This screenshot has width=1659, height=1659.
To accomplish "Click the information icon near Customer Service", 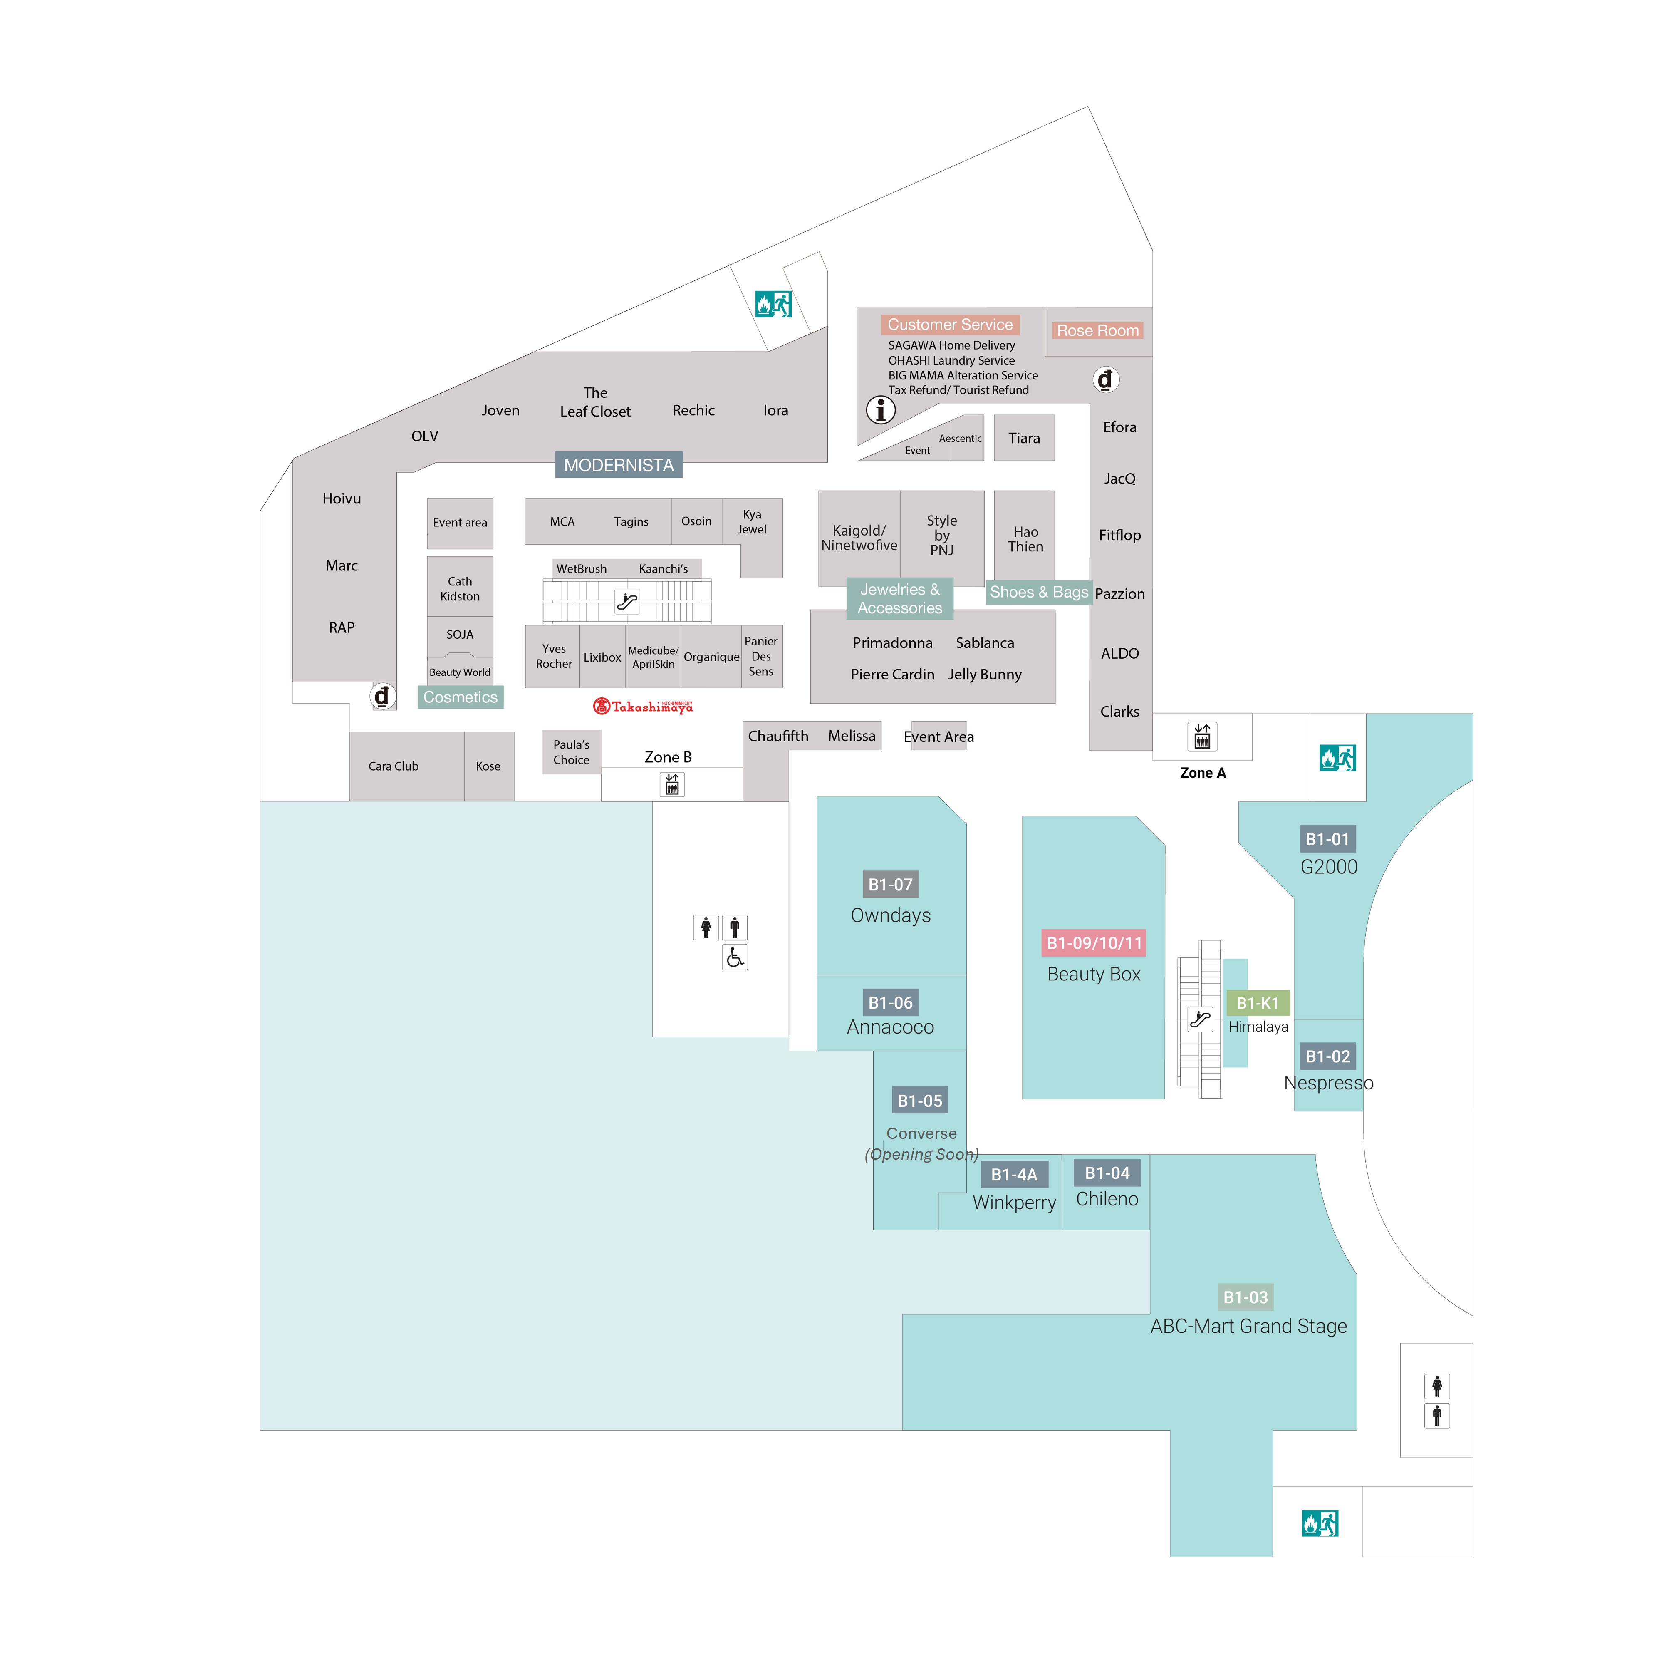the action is (880, 409).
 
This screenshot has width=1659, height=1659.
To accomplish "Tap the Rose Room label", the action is (1097, 331).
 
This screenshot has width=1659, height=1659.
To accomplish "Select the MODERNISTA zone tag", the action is (618, 464).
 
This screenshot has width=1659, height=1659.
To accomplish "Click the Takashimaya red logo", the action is (642, 706).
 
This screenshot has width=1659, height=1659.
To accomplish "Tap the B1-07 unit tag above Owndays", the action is (891, 885).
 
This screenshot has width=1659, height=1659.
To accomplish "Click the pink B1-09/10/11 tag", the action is (1094, 943).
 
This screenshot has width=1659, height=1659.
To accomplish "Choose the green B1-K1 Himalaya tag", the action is (1258, 1003).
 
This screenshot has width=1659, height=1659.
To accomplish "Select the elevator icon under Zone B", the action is (672, 784).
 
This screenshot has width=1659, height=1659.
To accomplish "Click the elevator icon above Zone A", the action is (1202, 736).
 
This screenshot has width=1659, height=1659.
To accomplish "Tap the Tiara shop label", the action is (1024, 438).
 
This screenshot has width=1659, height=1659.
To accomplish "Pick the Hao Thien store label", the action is (1025, 539).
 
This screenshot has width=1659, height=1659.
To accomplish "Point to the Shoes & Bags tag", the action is (1039, 592).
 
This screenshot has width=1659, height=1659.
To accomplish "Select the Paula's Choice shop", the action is (571, 752).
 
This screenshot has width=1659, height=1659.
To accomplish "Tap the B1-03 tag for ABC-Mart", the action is (1245, 1297).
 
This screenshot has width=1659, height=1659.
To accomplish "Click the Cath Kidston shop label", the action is (460, 589).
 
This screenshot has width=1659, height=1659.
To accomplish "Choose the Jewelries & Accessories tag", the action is (900, 598).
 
